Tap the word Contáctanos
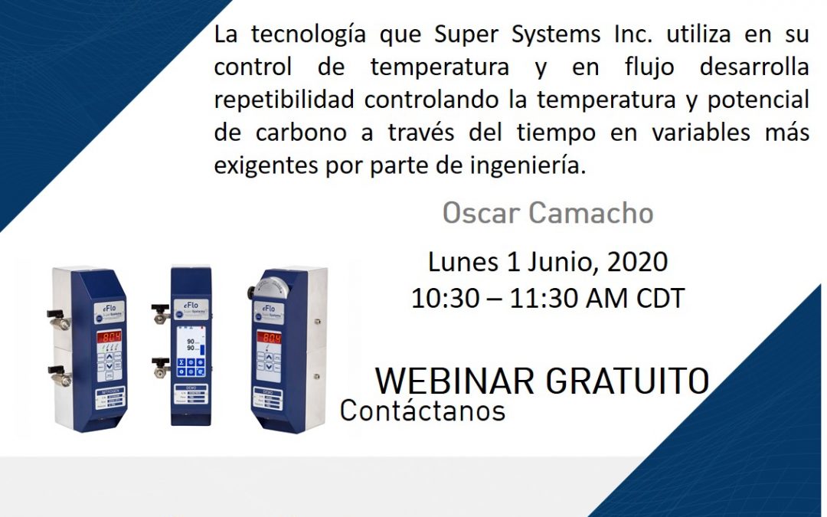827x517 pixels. tap(423, 411)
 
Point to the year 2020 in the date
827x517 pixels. tap(637, 263)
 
